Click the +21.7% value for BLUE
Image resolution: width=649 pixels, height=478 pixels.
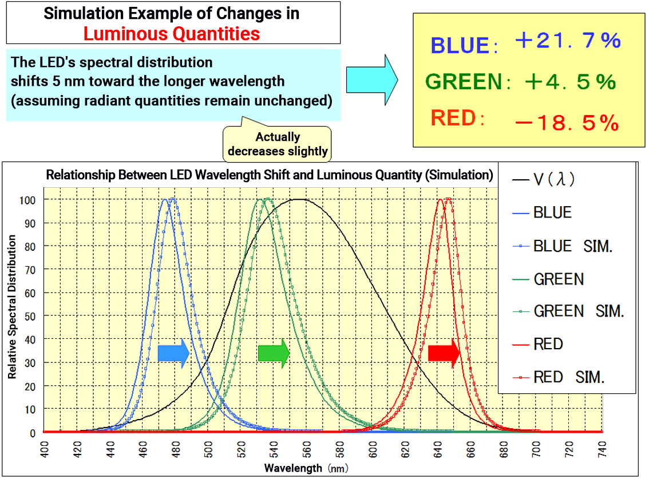567,42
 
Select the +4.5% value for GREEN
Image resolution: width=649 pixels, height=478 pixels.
569,82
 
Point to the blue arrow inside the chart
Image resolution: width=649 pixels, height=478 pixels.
173,353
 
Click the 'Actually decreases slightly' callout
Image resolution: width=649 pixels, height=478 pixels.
278,144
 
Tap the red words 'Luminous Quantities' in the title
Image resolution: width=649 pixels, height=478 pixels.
172,34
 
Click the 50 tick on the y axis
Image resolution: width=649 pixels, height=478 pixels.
33,316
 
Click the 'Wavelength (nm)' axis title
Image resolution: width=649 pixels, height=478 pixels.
307,468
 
